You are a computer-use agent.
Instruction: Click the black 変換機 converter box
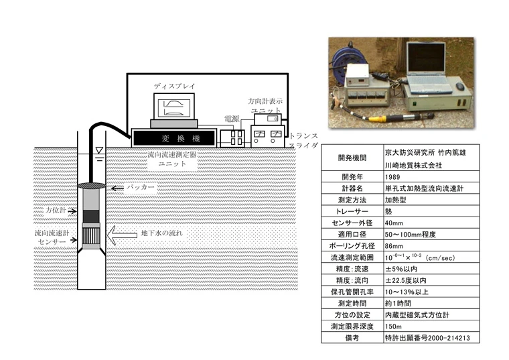[174, 138]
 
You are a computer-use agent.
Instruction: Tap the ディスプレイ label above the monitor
[174, 86]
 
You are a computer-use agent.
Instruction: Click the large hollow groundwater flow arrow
[122, 235]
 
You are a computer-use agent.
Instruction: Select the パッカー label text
[140, 188]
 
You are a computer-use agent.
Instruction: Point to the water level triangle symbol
[99, 150]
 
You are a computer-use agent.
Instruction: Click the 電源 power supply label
[232, 119]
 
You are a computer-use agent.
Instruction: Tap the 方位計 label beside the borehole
[56, 211]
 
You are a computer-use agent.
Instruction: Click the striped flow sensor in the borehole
[91, 236]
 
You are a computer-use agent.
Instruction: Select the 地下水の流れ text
[161, 233]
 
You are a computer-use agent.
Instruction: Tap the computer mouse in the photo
[460, 86]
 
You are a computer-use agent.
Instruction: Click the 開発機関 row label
[352, 158]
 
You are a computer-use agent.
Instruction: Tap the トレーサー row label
[352, 211]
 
